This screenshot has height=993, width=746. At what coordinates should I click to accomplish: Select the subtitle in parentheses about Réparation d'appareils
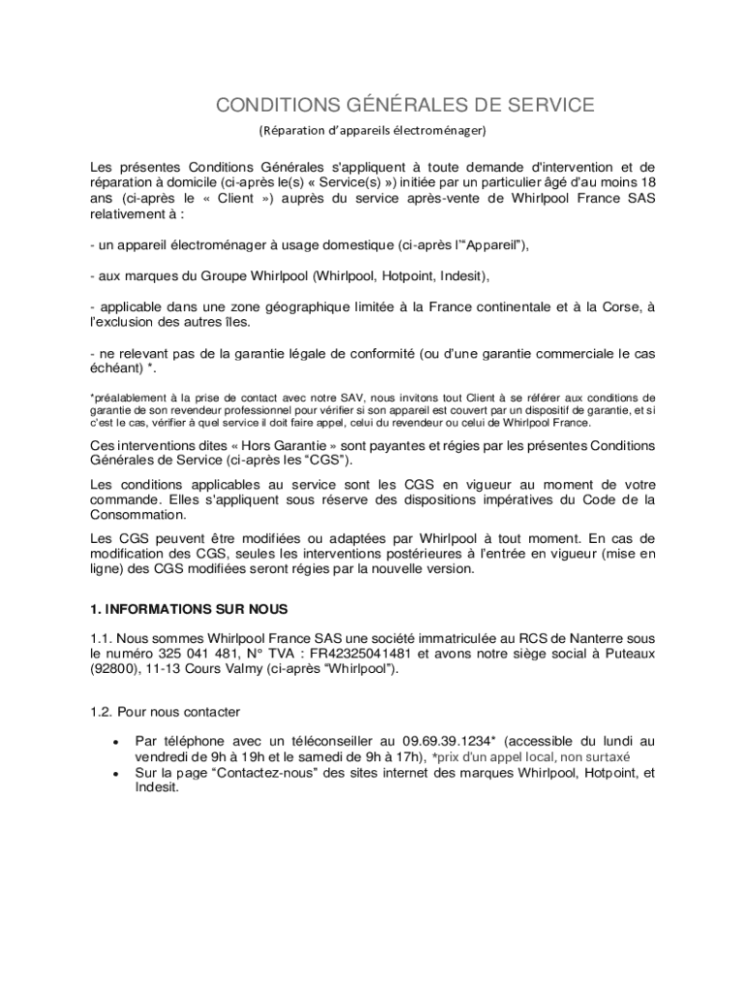coord(372,129)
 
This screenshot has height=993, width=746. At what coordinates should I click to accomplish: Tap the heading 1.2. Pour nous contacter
coord(164,712)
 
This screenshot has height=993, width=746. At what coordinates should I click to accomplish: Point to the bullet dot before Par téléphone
coord(115,742)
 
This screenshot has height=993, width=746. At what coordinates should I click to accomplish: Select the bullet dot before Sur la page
coord(115,774)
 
